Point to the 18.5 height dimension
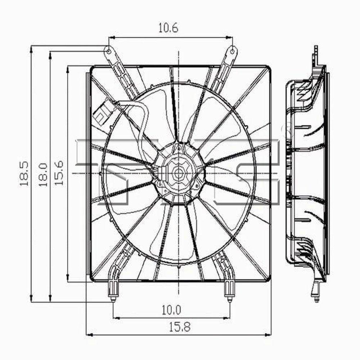24,174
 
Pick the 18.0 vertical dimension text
43,174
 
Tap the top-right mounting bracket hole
233,51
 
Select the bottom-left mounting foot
113,290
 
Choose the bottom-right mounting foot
229,290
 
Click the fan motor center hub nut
178,173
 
